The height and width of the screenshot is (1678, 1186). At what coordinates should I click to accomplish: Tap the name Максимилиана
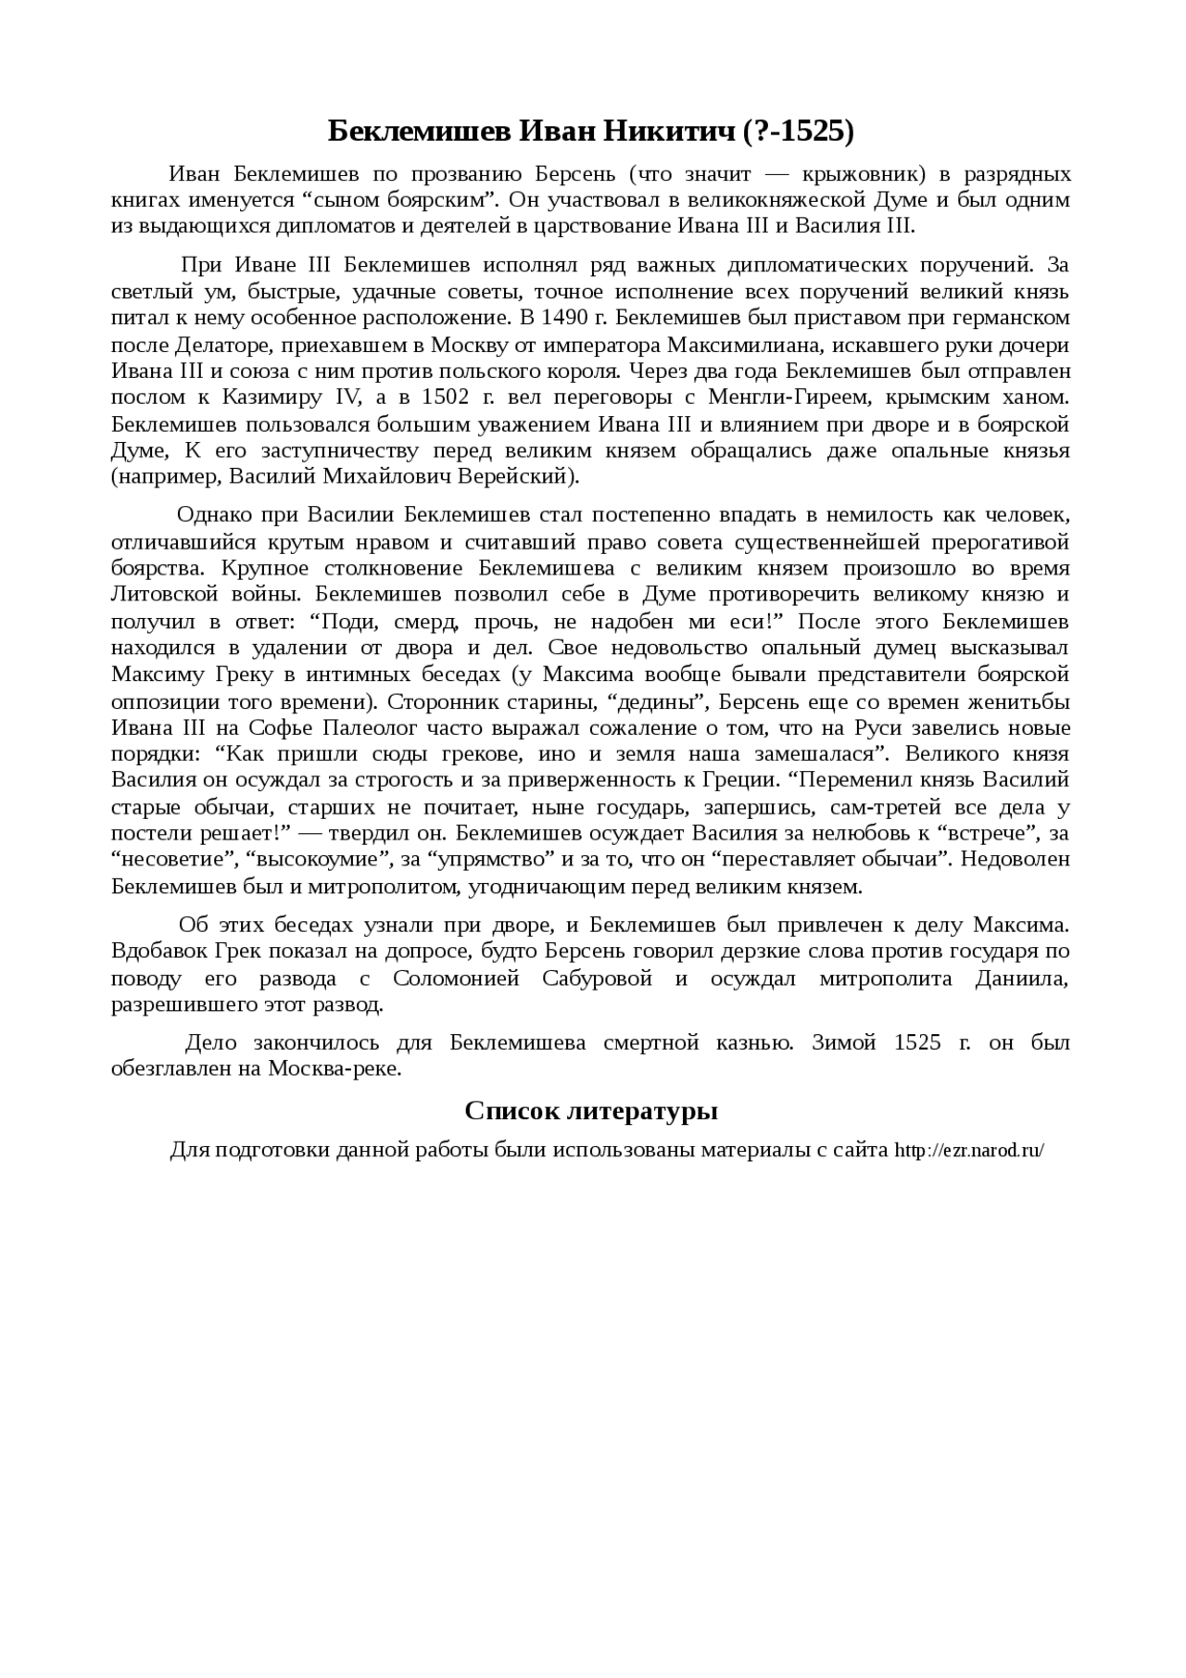pyautogui.click(x=797, y=345)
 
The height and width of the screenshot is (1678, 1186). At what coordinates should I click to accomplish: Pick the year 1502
pyautogui.click(x=445, y=397)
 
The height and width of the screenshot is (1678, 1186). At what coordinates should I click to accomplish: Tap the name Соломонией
pyautogui.click(x=456, y=978)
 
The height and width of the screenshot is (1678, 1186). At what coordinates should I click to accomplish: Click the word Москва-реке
pyautogui.click(x=335, y=1068)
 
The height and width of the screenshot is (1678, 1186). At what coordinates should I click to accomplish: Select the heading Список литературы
pyautogui.click(x=591, y=1110)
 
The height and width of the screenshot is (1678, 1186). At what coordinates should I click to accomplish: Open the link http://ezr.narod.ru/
pyautogui.click(x=969, y=1151)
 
